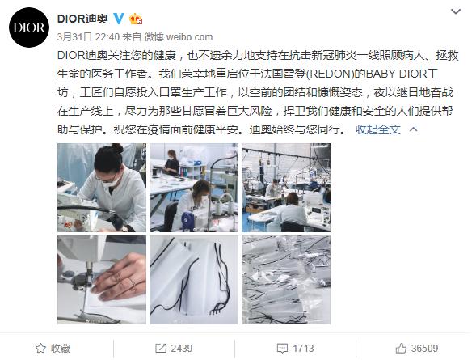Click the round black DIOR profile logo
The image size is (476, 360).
(29, 28)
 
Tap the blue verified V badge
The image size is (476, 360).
(119, 19)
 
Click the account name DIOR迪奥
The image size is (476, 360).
(82, 19)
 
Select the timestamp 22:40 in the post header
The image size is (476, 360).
(107, 37)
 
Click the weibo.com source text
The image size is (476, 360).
(189, 37)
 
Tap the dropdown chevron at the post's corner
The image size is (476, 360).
(456, 11)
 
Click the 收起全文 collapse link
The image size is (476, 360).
(377, 129)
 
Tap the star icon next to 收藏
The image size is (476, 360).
(40, 348)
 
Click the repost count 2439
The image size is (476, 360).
(181, 348)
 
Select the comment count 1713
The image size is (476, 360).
(303, 348)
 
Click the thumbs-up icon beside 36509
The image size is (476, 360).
(401, 348)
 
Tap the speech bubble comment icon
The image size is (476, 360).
(282, 349)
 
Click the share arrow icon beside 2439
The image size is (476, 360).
(161, 348)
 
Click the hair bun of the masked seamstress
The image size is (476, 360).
(116, 148)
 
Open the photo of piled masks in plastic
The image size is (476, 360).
(286, 280)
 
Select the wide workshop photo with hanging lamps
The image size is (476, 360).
(286, 188)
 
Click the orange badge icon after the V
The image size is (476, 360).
(136, 19)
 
